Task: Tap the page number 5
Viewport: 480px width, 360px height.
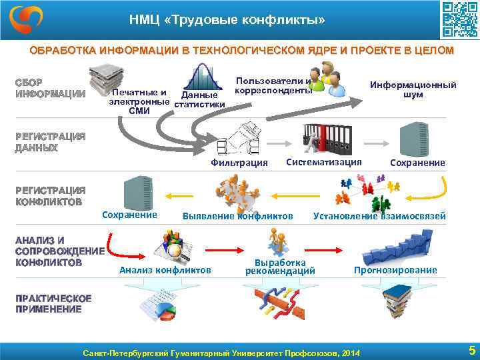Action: [x=471, y=350]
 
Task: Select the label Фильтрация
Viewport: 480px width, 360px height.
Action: [x=239, y=163]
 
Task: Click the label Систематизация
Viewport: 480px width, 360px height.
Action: [x=323, y=162]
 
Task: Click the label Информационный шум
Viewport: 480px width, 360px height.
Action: [x=413, y=90]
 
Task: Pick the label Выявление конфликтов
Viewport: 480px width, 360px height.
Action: [x=238, y=216]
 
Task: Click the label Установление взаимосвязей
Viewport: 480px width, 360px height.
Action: [x=379, y=215]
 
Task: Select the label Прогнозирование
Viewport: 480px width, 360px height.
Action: [x=395, y=270]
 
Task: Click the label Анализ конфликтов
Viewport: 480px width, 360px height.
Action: [x=165, y=270]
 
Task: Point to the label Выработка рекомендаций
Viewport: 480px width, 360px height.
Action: [x=280, y=267]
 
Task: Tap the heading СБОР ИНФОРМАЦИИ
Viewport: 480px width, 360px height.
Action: [x=50, y=88]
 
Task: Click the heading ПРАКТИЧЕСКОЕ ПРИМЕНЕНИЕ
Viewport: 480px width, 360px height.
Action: [x=53, y=303]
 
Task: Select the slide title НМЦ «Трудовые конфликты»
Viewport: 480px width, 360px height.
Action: [x=227, y=21]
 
